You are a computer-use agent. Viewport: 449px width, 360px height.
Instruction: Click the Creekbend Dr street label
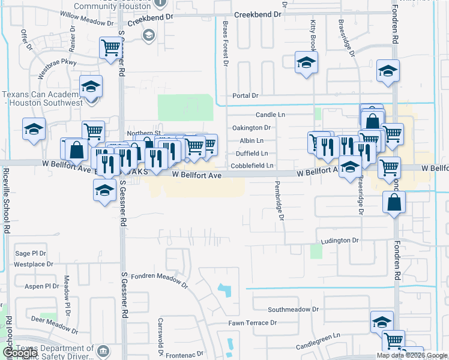pyautogui.click(x=258, y=14)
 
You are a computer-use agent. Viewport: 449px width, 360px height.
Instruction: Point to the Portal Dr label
pyautogui.click(x=245, y=95)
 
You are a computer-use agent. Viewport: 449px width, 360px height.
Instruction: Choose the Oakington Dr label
pyautogui.click(x=251, y=128)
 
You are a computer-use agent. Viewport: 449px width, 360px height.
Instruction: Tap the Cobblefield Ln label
pyautogui.click(x=252, y=166)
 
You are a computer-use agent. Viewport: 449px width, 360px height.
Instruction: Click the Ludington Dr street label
pyautogui.click(x=339, y=240)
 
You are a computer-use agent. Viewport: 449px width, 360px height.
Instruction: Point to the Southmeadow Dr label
pyautogui.click(x=294, y=310)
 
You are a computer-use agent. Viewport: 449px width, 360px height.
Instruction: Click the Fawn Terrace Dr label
pyautogui.click(x=252, y=323)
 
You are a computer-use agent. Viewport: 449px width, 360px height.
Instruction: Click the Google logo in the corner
pyautogui.click(x=19, y=353)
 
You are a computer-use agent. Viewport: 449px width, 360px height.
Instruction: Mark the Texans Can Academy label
pyautogui.click(x=42, y=99)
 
